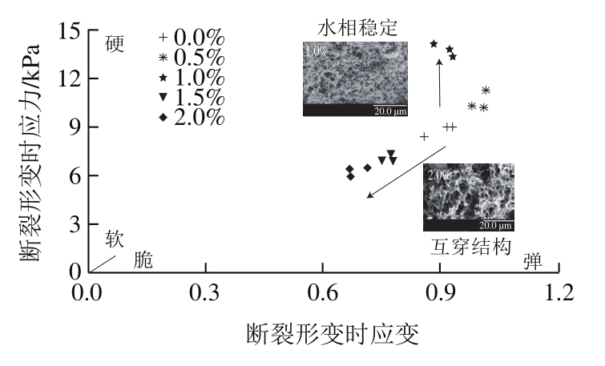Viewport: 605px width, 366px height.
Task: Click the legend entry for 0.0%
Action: point(192,38)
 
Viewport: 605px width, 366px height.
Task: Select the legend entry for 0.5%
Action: point(192,58)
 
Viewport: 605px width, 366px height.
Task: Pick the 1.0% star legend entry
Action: point(192,78)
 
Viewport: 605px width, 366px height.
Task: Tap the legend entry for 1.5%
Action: point(192,97)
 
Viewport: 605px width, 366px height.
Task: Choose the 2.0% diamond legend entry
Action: point(192,117)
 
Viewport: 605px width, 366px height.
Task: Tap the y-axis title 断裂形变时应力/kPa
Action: point(32,151)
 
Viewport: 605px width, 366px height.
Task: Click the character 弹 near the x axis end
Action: point(532,260)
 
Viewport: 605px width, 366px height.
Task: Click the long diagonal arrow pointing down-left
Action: point(406,171)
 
